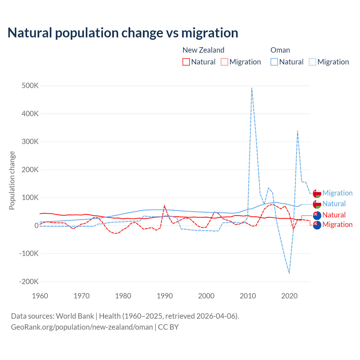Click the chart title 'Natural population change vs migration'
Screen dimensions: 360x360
click(123, 33)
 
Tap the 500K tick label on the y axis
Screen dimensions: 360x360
click(30, 86)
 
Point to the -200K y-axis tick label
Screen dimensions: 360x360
click(29, 282)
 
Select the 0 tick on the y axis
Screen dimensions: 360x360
click(36, 226)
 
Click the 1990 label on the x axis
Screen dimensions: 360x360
click(165, 296)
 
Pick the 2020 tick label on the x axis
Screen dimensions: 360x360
click(289, 296)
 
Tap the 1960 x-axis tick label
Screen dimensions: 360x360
click(40, 296)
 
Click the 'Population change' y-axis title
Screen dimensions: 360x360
click(12, 181)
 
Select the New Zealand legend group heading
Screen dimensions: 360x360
click(203, 50)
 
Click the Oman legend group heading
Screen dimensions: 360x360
click(280, 50)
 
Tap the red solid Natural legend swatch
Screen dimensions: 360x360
click(186, 62)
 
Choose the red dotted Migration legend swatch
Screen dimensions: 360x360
click(224, 62)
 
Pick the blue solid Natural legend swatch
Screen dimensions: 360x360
click(274, 62)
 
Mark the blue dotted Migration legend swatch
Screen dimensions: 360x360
click(312, 62)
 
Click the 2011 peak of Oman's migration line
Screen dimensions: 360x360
click(252, 88)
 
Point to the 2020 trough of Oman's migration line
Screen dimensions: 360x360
click(289, 273)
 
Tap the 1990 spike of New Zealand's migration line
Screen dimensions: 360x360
click(165, 206)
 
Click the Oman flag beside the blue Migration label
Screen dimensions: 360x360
click(317, 193)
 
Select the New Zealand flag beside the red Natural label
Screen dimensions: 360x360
click(317, 215)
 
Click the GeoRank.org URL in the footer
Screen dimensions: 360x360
click(82, 327)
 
